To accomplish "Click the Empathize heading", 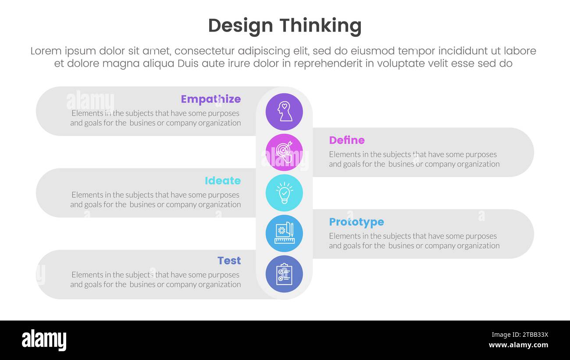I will pos(210,99).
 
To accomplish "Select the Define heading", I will pos(346,140).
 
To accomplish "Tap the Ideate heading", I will pos(222,181).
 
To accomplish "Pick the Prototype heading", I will pos(356,222).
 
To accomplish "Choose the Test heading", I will pos(229,260).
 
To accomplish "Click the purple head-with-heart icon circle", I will pos(284,112).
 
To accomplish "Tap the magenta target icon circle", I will pos(284,152).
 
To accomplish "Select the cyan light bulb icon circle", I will pos(284,193).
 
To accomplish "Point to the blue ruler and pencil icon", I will pos(284,233).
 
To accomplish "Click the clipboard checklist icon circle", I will pos(284,274).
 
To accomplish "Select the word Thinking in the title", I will pos(320,26).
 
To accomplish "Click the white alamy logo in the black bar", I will pos(44,340).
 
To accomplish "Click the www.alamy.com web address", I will pos(518,345).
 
